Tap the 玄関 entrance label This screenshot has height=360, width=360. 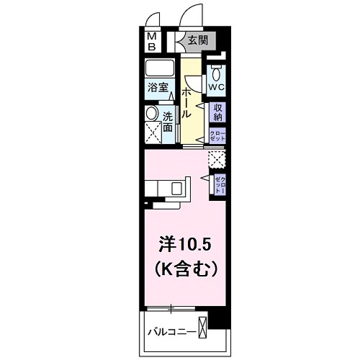pyautogui.click(x=197, y=41)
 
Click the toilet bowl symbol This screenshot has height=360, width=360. pyautogui.click(x=216, y=72)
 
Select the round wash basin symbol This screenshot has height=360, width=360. pyautogui.click(x=150, y=114)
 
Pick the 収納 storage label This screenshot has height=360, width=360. pyautogui.click(x=218, y=111)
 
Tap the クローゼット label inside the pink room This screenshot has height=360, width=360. pyautogui.click(x=220, y=183)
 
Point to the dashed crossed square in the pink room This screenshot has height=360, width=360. pyautogui.click(x=216, y=158)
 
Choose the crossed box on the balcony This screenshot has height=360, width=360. pyautogui.click(x=204, y=328)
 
